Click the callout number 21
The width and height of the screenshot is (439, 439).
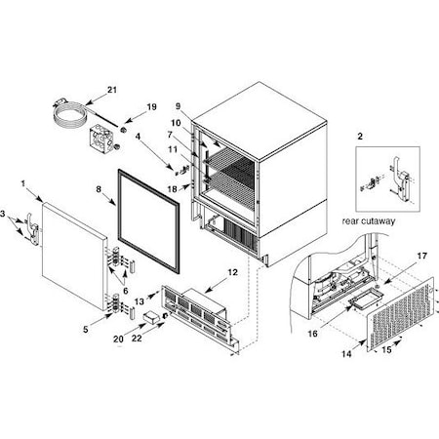(112, 90)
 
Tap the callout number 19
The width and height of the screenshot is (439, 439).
(151, 107)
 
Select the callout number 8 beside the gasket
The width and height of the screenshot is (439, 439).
(99, 189)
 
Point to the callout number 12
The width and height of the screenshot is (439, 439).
(233, 272)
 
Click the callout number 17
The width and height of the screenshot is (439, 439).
(421, 257)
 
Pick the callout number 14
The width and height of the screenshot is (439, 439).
(346, 354)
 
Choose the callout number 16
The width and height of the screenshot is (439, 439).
(312, 334)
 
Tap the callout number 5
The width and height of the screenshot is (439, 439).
(86, 330)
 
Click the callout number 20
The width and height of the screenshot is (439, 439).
(118, 339)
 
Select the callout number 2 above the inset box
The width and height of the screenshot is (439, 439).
(360, 137)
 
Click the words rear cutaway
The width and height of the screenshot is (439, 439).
(369, 221)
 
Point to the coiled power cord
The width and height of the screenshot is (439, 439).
(70, 116)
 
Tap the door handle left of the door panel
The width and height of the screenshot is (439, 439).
(33, 229)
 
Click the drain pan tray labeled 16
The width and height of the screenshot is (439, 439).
(367, 299)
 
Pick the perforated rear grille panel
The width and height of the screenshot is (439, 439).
(401, 315)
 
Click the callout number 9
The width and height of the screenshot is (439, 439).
(178, 106)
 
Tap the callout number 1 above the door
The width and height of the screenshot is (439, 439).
(23, 183)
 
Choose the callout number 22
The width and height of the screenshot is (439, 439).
(137, 339)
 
